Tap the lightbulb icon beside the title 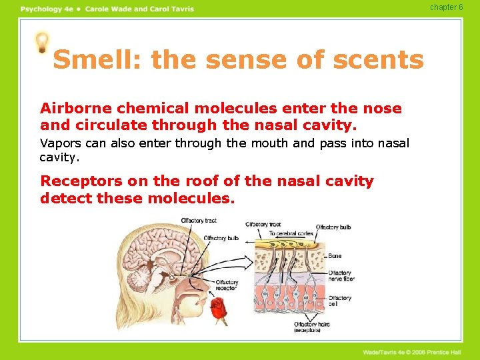point(42,43)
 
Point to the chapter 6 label point(446,7)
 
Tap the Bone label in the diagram point(335,255)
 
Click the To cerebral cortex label point(291,233)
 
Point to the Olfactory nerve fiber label point(341,276)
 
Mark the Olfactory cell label point(339,301)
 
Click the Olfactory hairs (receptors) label point(311,327)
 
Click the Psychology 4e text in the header point(45,9)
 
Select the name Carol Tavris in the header point(171,9)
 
